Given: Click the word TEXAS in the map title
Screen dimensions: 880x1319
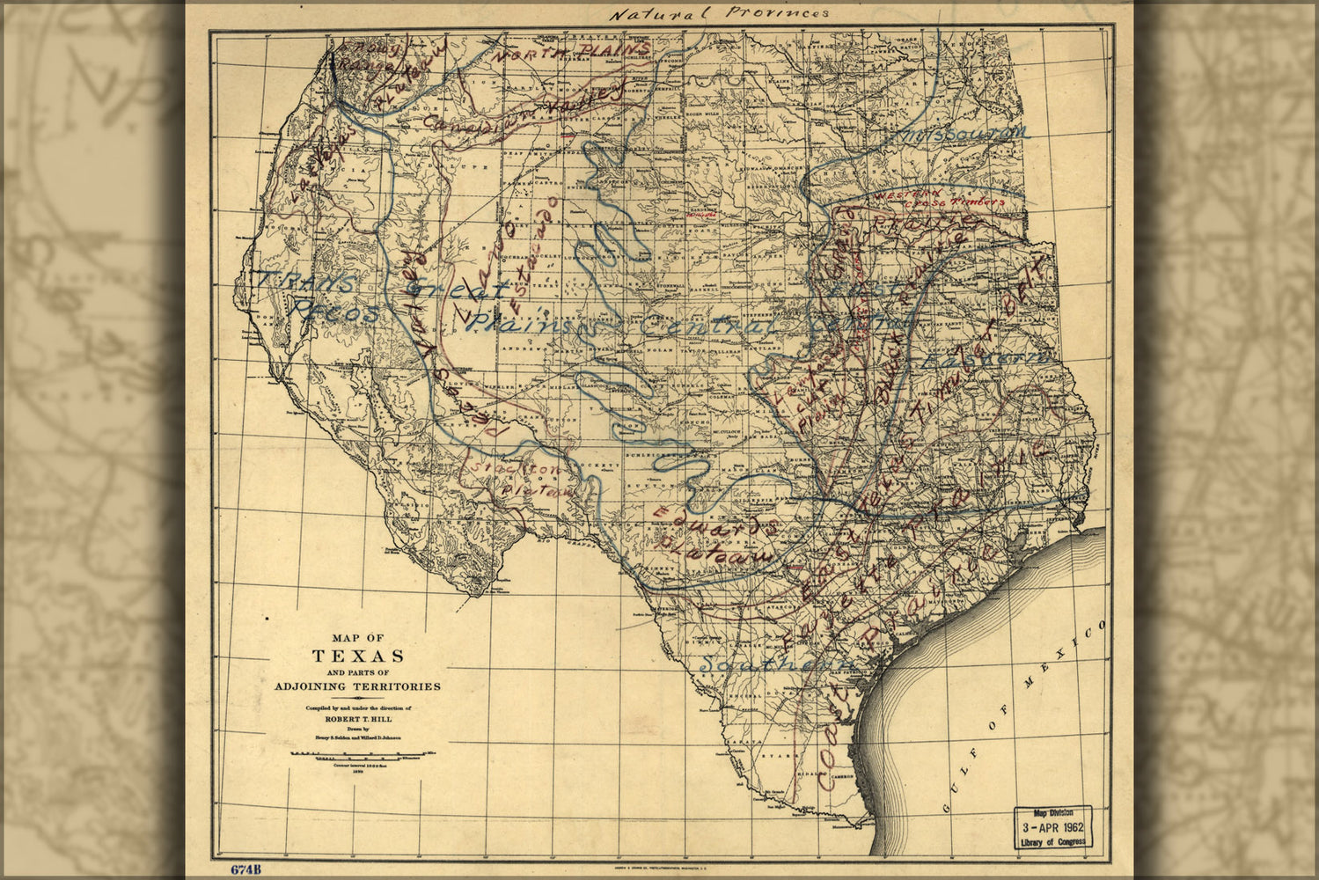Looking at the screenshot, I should click(358, 656).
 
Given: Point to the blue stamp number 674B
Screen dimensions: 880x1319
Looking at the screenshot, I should click(246, 869).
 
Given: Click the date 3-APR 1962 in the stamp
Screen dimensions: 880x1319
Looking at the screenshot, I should click(1052, 828).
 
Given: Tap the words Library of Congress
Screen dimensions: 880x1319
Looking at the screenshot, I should click(1052, 841).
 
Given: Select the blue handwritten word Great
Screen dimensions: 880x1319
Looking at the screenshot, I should click(458, 290).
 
